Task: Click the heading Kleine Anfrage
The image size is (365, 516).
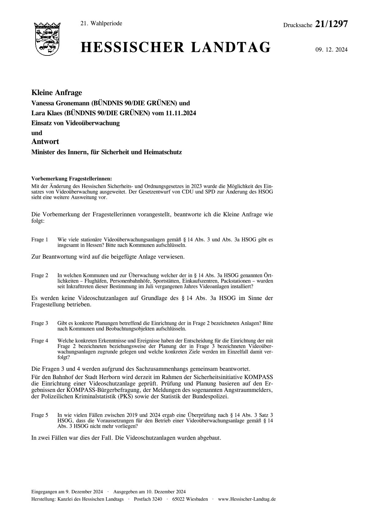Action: pyautogui.click(x=57, y=93)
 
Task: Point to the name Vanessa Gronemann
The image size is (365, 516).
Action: pyautogui.click(x=58, y=104)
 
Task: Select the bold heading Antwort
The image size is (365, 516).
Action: pyautogui.click(x=45, y=142)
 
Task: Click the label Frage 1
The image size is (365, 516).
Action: pyautogui.click(x=40, y=240)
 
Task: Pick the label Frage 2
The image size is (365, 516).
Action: pyautogui.click(x=40, y=275)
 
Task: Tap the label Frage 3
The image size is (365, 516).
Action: pyautogui.click(x=40, y=323)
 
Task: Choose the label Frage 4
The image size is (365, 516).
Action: pyautogui.click(x=40, y=341)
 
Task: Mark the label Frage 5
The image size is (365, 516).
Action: pyautogui.click(x=40, y=415)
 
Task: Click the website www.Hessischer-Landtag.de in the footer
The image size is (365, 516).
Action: pyautogui.click(x=247, y=499)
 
